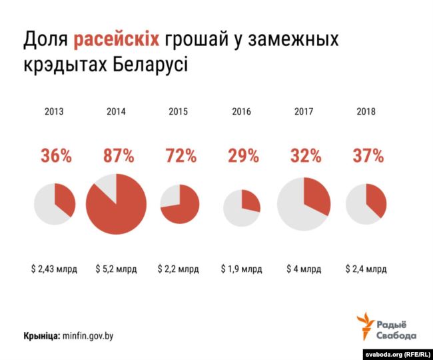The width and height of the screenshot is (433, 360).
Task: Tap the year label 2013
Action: [x=54, y=112]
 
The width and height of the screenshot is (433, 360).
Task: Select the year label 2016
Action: [x=241, y=112]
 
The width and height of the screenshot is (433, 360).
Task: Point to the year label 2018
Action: [x=366, y=112]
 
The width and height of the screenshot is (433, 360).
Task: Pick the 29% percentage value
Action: [x=242, y=156]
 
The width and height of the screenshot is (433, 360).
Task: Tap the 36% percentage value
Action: [x=55, y=156]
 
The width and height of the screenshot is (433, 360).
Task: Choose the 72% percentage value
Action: [x=180, y=156]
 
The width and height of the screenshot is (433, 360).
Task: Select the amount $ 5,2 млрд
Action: [x=117, y=269]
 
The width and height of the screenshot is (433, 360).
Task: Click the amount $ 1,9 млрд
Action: [x=242, y=269]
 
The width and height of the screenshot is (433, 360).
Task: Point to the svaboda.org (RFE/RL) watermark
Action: [x=394, y=353]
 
